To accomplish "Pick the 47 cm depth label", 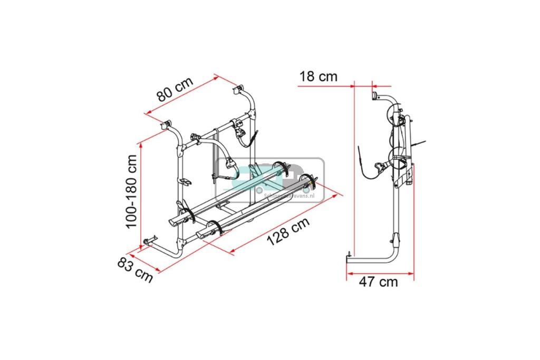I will pos(378,281).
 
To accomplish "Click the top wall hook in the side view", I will pos(376,96).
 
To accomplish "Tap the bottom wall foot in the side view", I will pos(349,257).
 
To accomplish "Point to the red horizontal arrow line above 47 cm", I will pos(380,274).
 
